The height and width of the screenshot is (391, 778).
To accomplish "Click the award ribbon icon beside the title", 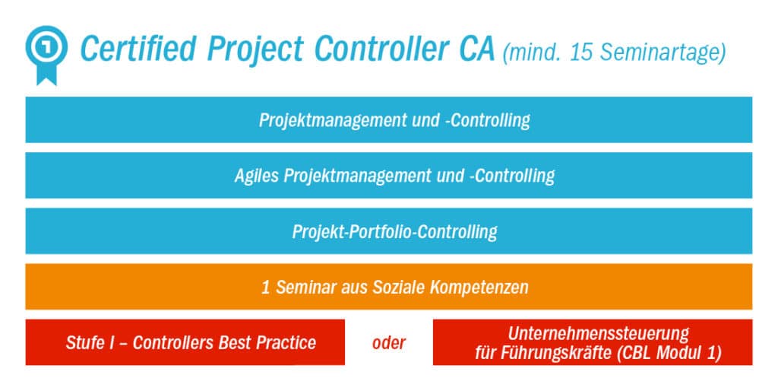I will (45, 49).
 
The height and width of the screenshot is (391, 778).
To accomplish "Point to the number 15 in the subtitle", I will (581, 53).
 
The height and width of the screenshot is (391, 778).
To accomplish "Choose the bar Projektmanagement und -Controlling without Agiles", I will (389, 120).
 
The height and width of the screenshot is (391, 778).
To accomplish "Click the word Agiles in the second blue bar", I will (257, 176).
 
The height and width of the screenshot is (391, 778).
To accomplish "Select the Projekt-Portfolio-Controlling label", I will (394, 231).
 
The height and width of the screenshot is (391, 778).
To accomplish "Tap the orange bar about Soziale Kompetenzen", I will (389, 288).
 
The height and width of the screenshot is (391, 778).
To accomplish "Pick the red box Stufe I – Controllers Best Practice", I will (185, 342).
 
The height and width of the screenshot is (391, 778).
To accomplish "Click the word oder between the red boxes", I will (388, 342).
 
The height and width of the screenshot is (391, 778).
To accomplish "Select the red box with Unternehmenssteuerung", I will (593, 342).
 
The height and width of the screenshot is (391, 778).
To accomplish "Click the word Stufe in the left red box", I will (85, 342).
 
